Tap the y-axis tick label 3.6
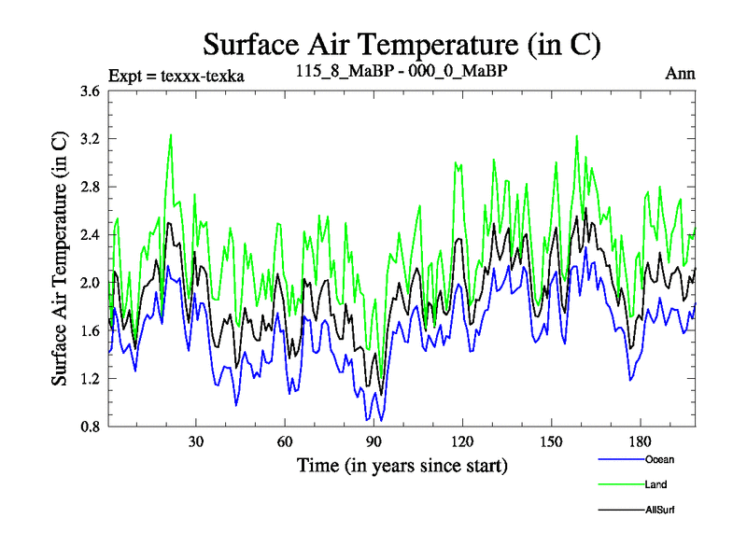coord(90,91)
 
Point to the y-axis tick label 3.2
coord(90,139)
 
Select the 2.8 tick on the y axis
coord(90,187)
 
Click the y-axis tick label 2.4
coord(90,235)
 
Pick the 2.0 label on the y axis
coord(90,283)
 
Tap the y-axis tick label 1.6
coord(90,331)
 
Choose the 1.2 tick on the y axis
coord(90,379)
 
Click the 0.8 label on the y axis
coord(90,427)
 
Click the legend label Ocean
coord(659,459)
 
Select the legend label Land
coord(655,484)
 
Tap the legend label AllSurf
coord(660,510)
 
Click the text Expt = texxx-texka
coord(176,76)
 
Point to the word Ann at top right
coord(680,74)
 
